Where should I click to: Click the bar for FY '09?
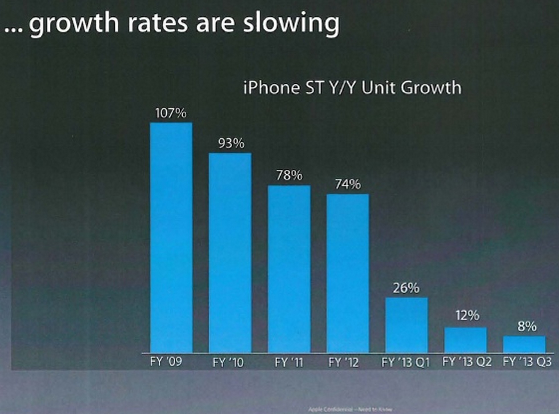point(171,237)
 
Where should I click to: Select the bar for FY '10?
point(230,252)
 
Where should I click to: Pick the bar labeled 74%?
point(348,273)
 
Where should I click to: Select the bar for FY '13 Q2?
point(465,339)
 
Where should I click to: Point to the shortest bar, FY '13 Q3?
point(524,344)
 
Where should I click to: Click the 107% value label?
point(171,113)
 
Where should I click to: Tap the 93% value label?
point(231,143)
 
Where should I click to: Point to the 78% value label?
point(289,176)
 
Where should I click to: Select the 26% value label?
point(406,288)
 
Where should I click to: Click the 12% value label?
point(467,315)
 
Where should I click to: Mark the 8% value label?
point(527,326)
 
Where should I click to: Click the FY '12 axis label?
point(344,363)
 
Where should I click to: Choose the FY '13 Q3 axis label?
point(527,362)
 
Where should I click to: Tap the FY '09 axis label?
point(166,361)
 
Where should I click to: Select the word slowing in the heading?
point(291,23)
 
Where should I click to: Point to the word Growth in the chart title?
point(431,88)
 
